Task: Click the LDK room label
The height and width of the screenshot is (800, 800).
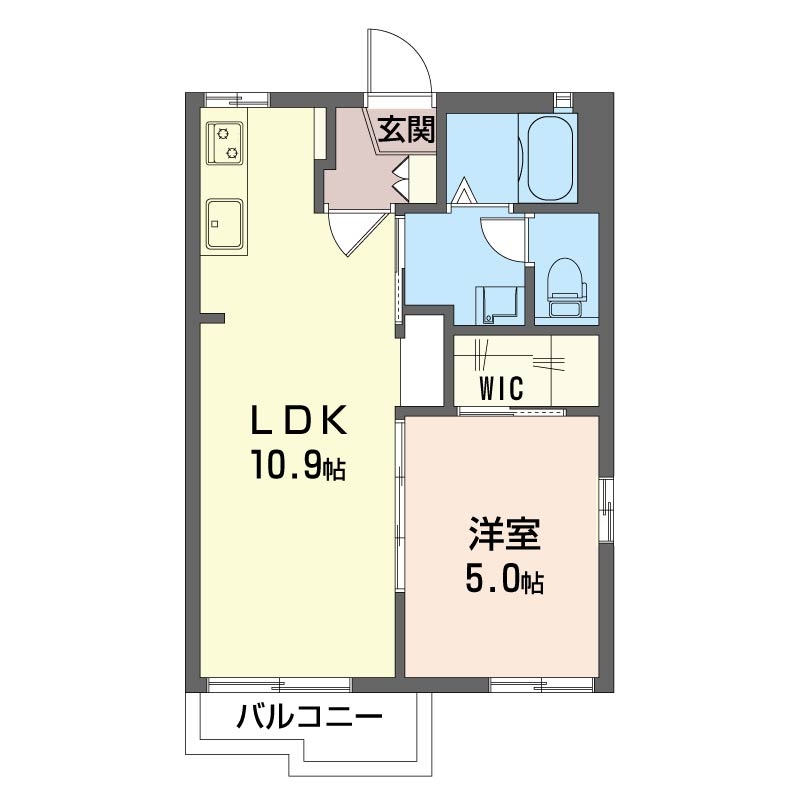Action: [x=299, y=419]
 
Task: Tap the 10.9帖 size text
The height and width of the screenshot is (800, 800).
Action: [x=298, y=467]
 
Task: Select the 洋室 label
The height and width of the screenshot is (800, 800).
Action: [x=504, y=534]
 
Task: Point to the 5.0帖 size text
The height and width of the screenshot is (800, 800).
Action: [x=504, y=580]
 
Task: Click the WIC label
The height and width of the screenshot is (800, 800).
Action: [x=501, y=388]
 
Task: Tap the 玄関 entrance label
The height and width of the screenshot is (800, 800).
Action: [x=406, y=130]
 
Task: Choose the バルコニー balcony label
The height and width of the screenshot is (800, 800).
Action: [x=309, y=718]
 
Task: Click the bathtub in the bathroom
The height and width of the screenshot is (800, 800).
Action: [x=549, y=158]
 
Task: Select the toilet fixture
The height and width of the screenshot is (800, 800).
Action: [x=565, y=287]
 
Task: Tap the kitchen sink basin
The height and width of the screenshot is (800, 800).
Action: [x=224, y=223]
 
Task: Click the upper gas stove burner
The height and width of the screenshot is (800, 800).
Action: [x=222, y=134]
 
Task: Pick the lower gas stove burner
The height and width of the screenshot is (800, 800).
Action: [x=232, y=152]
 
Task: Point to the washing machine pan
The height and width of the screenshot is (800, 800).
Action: [x=497, y=305]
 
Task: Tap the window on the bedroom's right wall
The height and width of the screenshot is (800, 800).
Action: [x=606, y=510]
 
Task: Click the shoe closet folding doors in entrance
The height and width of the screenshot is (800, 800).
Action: [x=401, y=177]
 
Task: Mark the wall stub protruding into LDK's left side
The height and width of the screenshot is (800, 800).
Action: [x=212, y=318]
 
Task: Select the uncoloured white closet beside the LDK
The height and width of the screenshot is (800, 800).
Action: [x=421, y=360]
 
